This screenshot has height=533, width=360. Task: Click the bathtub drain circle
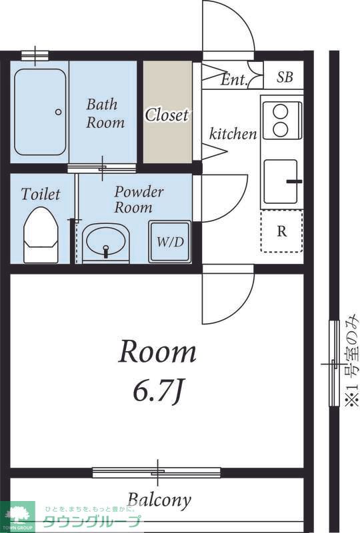[x=58, y=111]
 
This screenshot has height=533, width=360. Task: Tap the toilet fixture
[x=41, y=235]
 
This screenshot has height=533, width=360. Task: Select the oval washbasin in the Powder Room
[x=105, y=241]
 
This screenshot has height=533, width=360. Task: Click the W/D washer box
[x=170, y=241]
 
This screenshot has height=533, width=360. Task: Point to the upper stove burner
[x=281, y=111]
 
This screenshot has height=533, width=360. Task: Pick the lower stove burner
[x=281, y=129]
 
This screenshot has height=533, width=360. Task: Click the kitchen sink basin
[x=281, y=181]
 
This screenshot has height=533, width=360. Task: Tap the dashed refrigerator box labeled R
[x=281, y=231]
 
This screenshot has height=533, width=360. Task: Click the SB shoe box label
[x=285, y=77]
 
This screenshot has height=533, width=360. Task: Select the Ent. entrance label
[x=234, y=79]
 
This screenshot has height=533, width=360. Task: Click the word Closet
[x=167, y=115]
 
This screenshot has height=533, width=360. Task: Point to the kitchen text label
[x=233, y=134]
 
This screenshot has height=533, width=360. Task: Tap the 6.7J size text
[x=159, y=392]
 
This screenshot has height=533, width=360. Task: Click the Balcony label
[x=159, y=500]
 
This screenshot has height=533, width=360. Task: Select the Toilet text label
[x=41, y=194]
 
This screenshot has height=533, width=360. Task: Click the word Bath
[x=102, y=104]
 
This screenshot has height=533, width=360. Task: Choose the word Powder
[x=139, y=192]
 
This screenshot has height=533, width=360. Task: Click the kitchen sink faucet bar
[x=294, y=181]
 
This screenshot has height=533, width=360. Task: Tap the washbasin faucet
[x=106, y=251]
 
